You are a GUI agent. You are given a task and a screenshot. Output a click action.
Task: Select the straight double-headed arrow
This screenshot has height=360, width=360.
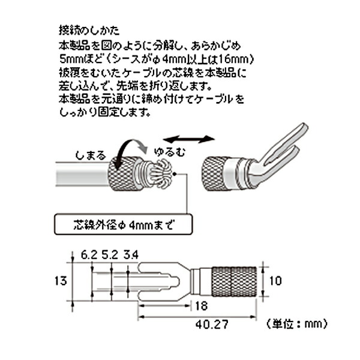(x=197, y=140)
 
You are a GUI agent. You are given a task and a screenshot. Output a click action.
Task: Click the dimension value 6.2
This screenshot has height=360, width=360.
(x=88, y=256)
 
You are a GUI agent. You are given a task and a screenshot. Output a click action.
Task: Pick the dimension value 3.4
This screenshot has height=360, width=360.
(x=131, y=256)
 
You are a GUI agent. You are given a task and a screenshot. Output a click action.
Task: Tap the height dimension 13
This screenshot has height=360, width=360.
(x=58, y=280)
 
